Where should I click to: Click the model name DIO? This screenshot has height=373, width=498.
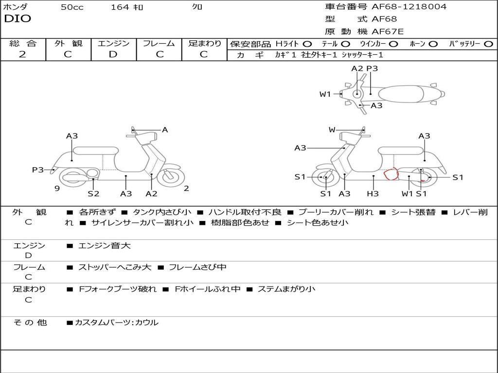click(18, 19)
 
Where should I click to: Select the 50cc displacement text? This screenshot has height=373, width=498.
click(72, 7)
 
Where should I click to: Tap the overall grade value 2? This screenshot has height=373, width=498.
click(22, 54)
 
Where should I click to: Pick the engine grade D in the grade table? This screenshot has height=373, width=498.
click(113, 54)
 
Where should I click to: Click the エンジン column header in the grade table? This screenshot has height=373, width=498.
click(113, 43)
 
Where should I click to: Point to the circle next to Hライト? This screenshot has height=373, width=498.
click(307, 44)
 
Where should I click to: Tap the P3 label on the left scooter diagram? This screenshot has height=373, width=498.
click(37, 170)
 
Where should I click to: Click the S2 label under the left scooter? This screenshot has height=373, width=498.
click(93, 194)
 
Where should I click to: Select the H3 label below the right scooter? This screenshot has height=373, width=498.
click(373, 194)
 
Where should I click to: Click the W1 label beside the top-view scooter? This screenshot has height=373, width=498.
click(325, 94)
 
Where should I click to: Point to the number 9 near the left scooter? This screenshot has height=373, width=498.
click(57, 188)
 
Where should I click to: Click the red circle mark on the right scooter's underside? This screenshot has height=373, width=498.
click(391, 173)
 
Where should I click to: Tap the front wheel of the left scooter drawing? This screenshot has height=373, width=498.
click(170, 177)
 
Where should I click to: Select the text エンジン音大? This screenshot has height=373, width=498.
click(105, 246)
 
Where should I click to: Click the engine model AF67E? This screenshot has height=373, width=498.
click(388, 32)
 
